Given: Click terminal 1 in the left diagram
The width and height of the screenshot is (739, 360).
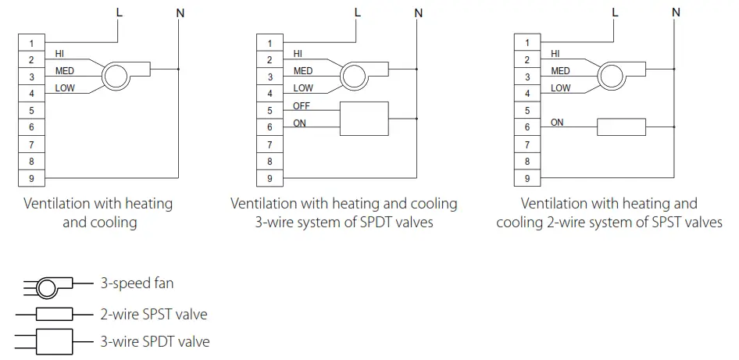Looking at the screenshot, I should click(32, 43).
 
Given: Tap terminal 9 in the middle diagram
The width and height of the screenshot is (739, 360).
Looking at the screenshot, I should click(270, 179).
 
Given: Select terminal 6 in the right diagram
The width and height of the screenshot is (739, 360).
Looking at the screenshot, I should click(527, 127).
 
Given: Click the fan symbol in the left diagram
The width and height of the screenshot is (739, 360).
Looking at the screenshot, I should click(116, 77).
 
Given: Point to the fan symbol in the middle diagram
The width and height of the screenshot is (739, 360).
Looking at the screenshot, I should click(355, 77).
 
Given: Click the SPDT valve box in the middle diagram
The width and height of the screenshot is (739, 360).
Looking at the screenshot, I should click(363, 119).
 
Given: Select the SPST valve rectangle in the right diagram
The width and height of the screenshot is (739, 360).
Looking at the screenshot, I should click(621, 127).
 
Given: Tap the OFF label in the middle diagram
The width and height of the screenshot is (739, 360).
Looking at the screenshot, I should click(302, 105).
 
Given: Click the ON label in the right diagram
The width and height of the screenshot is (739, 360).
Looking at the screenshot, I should click(557, 123).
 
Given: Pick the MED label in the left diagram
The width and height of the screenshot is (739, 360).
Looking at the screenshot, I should click(66, 71).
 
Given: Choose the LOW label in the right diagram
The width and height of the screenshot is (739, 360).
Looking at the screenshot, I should click(561, 88).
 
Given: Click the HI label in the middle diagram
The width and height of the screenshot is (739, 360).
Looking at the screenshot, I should click(298, 54).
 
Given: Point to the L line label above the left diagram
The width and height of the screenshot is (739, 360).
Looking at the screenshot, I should click(119, 12).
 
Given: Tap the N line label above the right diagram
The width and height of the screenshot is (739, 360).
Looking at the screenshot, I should click(676, 12).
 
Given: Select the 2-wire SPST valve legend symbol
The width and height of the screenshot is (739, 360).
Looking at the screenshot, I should click(51, 315).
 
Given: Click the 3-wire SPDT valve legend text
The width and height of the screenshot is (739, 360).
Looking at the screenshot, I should click(155, 341).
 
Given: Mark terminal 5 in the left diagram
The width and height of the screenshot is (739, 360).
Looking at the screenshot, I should click(32, 111).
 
